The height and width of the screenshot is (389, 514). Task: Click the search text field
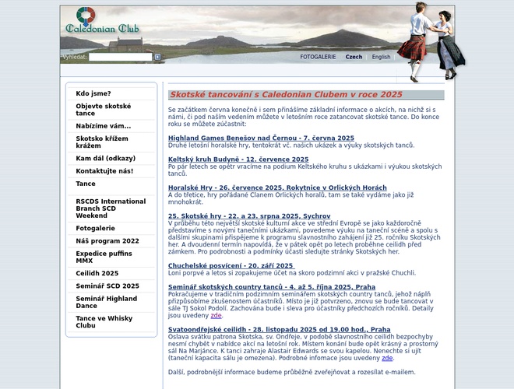coord(120,57)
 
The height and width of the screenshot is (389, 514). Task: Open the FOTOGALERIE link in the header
coord(318,57)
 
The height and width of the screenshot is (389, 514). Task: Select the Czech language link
coord(354,57)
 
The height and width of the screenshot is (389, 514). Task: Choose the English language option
coord(381,57)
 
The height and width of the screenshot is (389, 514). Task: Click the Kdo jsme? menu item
coord(93,93)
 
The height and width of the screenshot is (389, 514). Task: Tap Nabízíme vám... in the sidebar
coord(104,125)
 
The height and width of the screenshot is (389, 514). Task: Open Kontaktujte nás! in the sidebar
coord(104,170)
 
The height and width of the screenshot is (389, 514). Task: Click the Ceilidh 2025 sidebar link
coord(97,273)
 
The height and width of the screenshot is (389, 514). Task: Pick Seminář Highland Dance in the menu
coord(107,303)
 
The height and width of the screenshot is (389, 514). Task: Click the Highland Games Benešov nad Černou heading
coord(250,138)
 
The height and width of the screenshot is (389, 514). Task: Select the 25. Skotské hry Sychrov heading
coord(249,215)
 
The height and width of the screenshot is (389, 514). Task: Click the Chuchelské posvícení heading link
coord(231,265)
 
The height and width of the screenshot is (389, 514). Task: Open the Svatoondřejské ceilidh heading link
coord(280,329)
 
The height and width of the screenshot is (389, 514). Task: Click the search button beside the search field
coord(157,57)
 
